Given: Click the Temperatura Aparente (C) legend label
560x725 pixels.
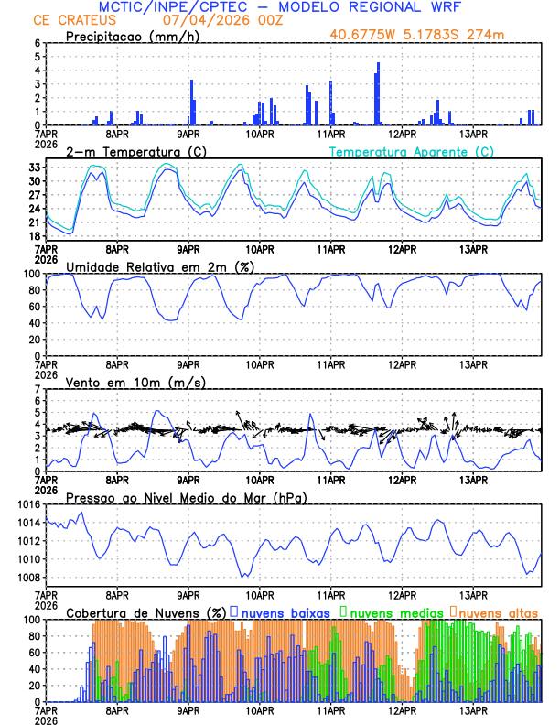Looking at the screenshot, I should pyautogui.click(x=411, y=151).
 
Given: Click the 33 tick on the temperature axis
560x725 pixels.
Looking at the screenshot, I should pyautogui.click(x=34, y=168).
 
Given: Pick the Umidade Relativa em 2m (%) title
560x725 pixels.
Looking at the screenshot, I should pyautogui.click(x=156, y=266).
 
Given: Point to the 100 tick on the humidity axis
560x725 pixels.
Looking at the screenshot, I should pyautogui.click(x=31, y=274).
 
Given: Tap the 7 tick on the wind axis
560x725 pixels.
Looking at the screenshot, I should pyautogui.click(x=38, y=389).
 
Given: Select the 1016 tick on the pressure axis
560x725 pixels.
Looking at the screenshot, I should pyautogui.click(x=27, y=504).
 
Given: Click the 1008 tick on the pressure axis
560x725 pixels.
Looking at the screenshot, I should pyautogui.click(x=27, y=577).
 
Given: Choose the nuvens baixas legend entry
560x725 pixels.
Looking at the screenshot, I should pyautogui.click(x=285, y=611).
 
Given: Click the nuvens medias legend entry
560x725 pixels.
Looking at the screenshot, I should pyautogui.click(x=394, y=611).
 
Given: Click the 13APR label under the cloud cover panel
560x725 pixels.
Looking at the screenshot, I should pyautogui.click(x=473, y=710).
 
